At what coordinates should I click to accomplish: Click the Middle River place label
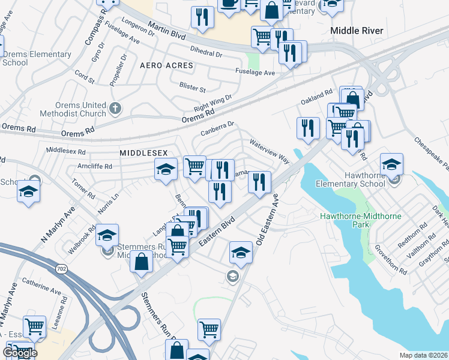357,30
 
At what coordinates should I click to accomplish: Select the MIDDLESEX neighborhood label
143,153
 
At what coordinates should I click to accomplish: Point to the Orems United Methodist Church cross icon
116,109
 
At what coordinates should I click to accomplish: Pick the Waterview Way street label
269,152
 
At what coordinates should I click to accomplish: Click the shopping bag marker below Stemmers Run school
141,262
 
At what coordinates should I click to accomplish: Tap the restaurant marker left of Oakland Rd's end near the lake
308,128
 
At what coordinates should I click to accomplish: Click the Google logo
20,353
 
